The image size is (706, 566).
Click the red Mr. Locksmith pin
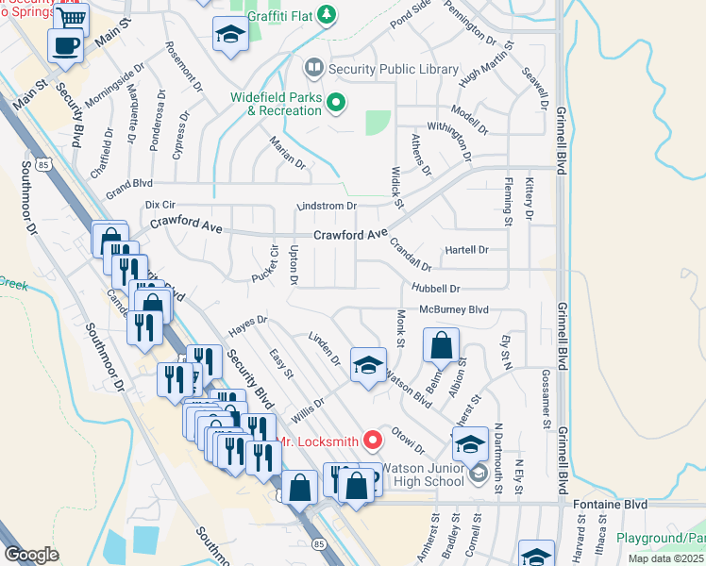coord(373,440)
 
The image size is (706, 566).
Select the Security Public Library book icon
coord(313,69)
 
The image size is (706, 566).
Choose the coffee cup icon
coord(65,44)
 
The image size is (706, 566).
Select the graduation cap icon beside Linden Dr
coord(368,365)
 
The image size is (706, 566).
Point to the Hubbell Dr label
coord(435,288)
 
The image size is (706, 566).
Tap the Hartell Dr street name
coord(466,250)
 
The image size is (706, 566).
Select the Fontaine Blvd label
coord(610,505)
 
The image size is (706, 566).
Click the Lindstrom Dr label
coord(326,206)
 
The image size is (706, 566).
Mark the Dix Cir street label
coord(160,204)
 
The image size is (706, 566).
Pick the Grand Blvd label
coord(129,182)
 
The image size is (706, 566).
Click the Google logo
coord(31,554)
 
